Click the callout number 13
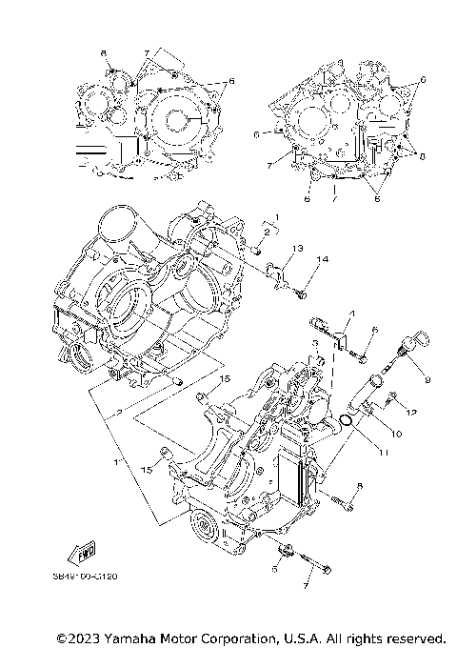point(297,248)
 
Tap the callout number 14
point(323,259)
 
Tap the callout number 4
point(350,314)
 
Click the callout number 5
point(275,569)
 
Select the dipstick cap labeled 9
point(421,339)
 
